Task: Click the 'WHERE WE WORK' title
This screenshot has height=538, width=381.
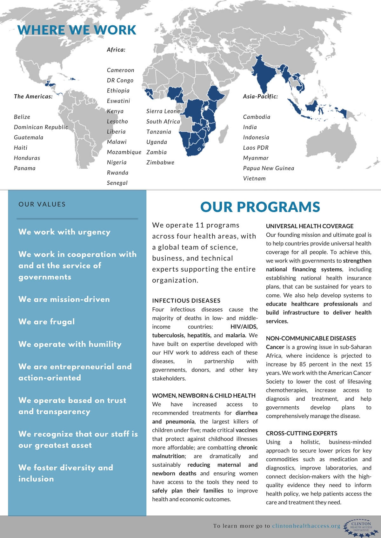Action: [x=77, y=30]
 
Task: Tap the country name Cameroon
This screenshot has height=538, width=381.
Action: [x=120, y=70]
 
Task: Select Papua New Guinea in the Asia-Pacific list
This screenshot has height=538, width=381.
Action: [x=268, y=168]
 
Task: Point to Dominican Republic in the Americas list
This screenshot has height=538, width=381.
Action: [x=41, y=127]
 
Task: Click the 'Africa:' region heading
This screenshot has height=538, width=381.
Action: [x=116, y=49]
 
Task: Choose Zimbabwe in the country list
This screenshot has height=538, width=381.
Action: [x=160, y=162]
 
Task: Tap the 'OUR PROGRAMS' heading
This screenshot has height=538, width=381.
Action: [x=260, y=207]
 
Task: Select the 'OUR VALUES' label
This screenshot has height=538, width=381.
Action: [x=42, y=204]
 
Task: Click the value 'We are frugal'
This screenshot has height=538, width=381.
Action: [x=46, y=322]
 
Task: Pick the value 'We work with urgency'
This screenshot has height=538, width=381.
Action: [x=64, y=232]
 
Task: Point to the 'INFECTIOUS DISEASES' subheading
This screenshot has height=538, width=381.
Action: [x=186, y=300]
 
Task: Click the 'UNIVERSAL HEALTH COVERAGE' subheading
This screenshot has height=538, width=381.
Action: [x=310, y=226]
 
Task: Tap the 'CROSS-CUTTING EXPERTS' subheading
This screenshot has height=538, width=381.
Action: [x=302, y=433]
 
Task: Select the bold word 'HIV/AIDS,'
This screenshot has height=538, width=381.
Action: [x=244, y=327]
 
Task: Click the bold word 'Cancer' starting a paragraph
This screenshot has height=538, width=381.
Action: [x=275, y=347]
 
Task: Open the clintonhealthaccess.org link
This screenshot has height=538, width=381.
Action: [x=306, y=526]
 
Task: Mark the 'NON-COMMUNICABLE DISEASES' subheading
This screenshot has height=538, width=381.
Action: [x=311, y=338]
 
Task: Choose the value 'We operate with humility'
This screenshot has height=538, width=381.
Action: [x=70, y=344]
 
